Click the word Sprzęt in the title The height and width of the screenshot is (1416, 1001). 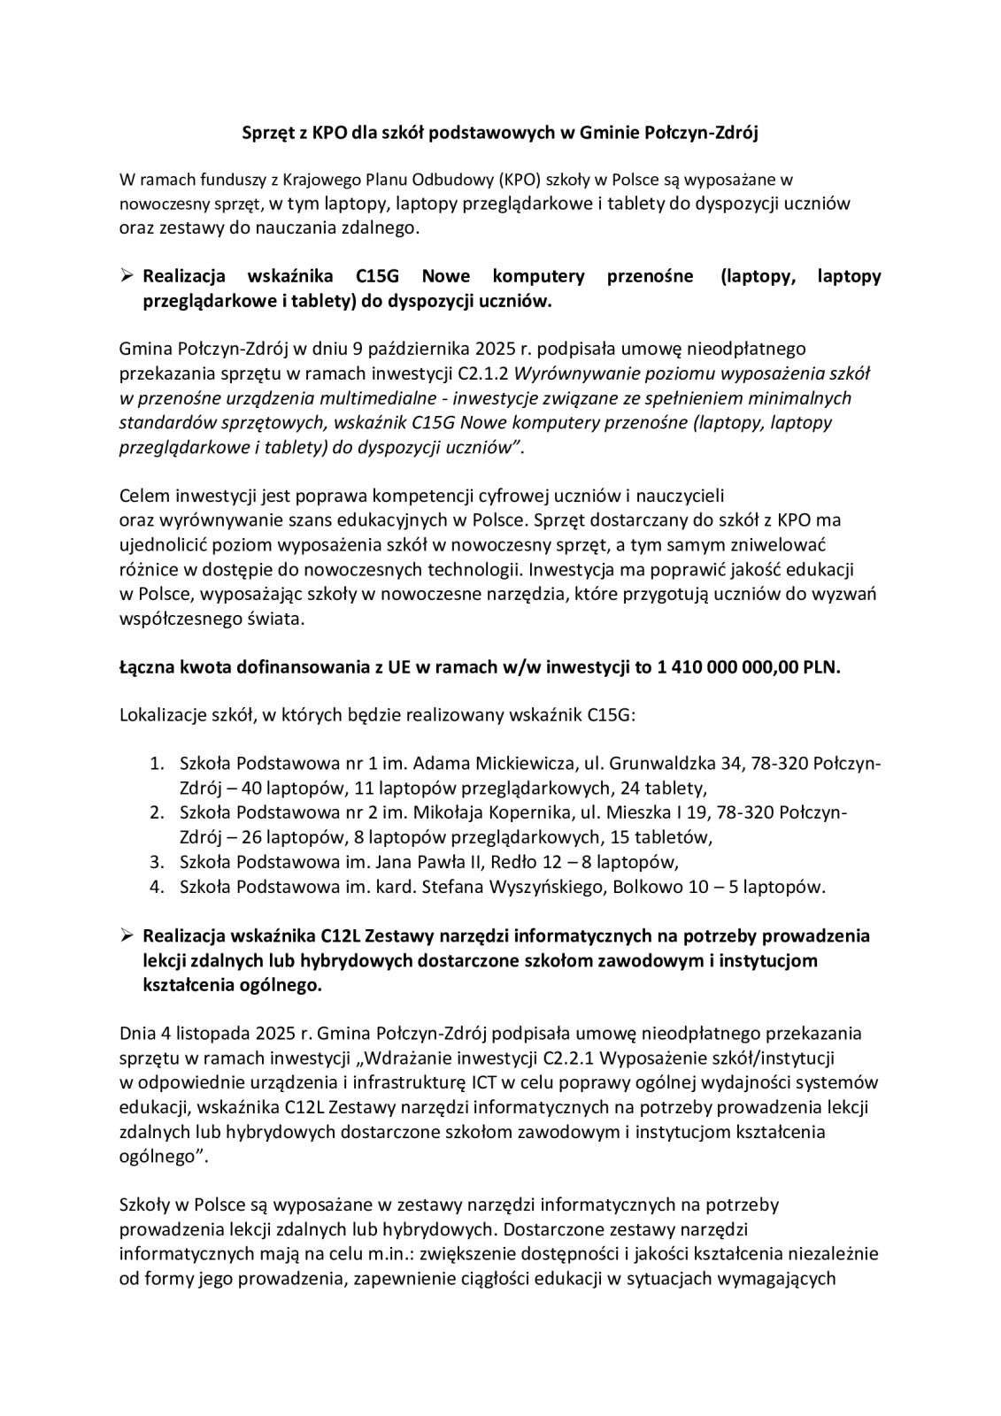[270, 133]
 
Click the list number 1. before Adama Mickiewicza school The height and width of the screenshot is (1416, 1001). [157, 763]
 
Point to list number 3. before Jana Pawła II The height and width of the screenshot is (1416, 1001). [157, 862]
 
